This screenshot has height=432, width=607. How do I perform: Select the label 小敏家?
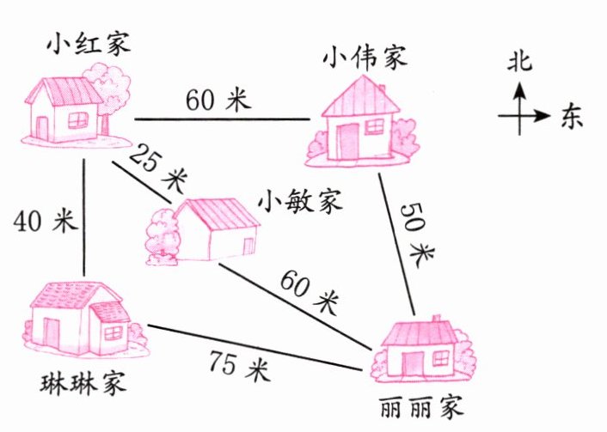pos(300,204)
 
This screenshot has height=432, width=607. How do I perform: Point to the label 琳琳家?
pos(77,380)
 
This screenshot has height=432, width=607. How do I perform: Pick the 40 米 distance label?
pos(46,221)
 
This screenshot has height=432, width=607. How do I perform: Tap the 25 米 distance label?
pos(157,168)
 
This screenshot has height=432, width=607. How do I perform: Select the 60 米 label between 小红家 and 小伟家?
pos(218,100)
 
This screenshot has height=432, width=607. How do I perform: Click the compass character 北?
pos(520,61)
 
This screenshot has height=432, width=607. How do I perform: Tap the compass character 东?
pos(571,116)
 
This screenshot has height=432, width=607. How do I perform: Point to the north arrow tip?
pos(520,84)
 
